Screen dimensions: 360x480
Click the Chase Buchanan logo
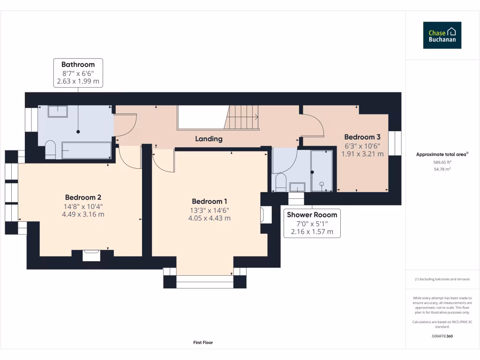(x=442, y=35)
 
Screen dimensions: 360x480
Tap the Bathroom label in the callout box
(x=78, y=65)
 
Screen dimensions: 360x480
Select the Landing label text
(x=209, y=139)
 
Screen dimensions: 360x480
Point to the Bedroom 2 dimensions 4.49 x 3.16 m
(x=83, y=214)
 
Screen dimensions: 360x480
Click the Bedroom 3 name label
(x=362, y=137)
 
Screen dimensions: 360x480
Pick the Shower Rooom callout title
(x=312, y=215)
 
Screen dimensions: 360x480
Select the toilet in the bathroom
(x=50, y=149)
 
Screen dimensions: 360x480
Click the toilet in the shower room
(x=281, y=182)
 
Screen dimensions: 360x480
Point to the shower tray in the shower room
(x=321, y=171)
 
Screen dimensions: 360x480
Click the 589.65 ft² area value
(x=442, y=162)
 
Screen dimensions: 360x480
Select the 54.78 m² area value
(x=442, y=169)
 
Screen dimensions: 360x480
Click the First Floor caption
(x=203, y=343)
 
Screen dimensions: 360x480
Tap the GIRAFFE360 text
(x=442, y=336)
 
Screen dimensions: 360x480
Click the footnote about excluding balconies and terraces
(x=442, y=279)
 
